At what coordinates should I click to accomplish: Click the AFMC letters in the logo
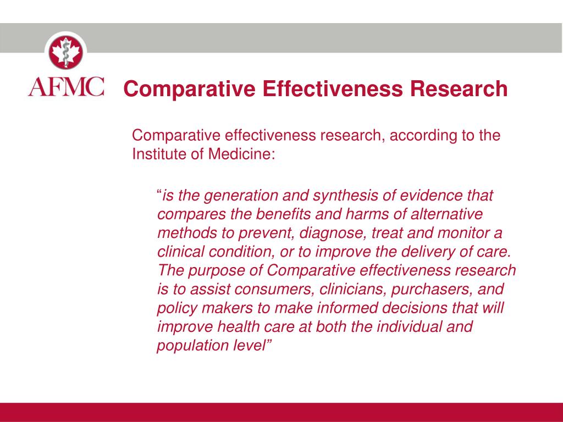coord(66,87)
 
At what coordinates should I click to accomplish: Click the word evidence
coord(433,196)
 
